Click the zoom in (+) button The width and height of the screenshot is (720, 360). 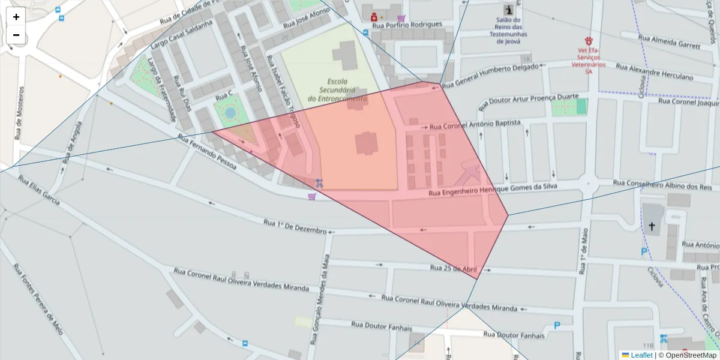click(x=16, y=17)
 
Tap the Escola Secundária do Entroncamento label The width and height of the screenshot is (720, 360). click(x=337, y=90)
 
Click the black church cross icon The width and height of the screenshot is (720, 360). click(x=652, y=226)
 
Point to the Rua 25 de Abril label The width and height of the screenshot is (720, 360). click(x=453, y=268)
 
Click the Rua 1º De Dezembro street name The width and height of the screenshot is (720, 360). click(x=295, y=226)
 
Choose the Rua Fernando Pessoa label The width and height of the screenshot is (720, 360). click(x=208, y=150)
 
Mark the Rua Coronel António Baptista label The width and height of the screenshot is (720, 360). click(x=475, y=125)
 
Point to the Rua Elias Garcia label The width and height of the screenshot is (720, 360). click(x=38, y=190)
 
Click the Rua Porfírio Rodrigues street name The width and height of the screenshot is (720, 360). click(x=407, y=25)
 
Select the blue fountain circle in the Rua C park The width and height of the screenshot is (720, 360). click(x=230, y=113)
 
